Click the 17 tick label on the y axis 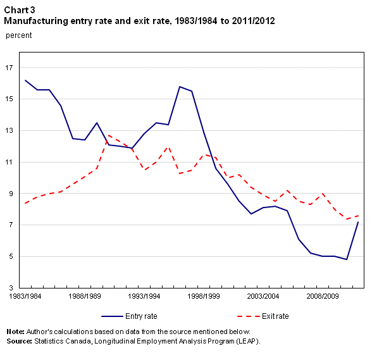pos(11,68)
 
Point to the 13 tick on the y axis pos(11,131)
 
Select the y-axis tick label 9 pos(13,194)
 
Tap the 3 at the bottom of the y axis pos(13,288)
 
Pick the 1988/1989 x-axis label pos(85,295)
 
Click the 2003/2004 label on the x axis pos(263,295)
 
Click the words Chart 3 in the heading pos(20,9)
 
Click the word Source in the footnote pos(20,340)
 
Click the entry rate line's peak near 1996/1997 pos(180,87)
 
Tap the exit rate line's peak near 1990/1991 pos(109,135)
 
